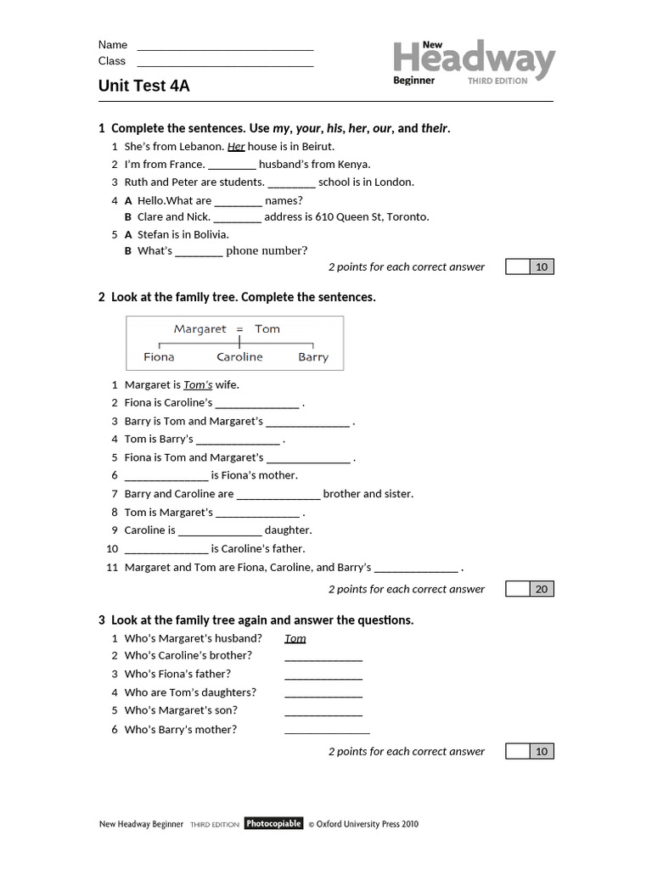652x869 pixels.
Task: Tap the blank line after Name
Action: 225,46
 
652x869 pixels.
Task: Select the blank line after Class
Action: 225,62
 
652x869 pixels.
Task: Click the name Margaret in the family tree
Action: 200,329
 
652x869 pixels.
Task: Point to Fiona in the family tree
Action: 159,357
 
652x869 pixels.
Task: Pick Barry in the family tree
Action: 313,357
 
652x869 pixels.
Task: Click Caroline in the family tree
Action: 239,357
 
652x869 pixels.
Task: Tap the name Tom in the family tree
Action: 267,329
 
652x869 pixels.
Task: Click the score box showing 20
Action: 542,589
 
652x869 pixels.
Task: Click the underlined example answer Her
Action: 236,146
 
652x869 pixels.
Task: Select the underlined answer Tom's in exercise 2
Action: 198,384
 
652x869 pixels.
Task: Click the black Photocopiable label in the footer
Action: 273,823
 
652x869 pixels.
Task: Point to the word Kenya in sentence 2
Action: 354,165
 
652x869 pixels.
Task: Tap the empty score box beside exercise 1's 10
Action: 517,267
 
